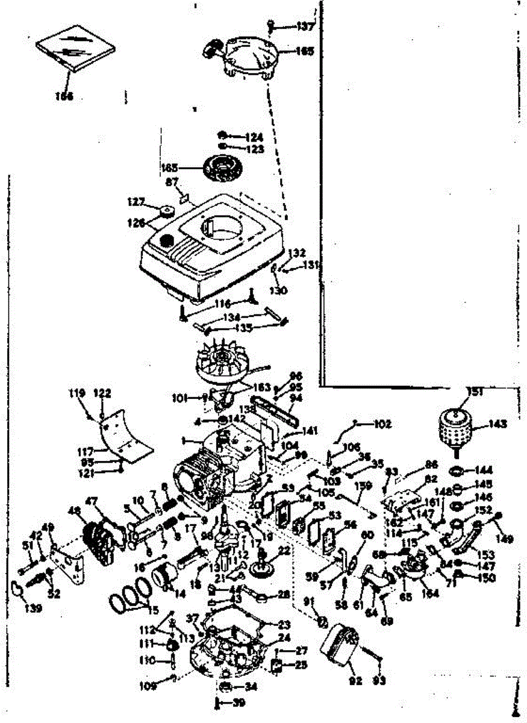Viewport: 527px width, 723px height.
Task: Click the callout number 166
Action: click(64, 96)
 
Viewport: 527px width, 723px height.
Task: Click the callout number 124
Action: click(254, 137)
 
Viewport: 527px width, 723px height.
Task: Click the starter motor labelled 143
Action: click(457, 430)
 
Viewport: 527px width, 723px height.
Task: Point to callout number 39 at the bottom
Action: click(239, 703)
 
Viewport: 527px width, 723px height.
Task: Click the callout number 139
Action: click(34, 609)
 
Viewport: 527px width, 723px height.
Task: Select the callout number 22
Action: click(284, 551)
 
